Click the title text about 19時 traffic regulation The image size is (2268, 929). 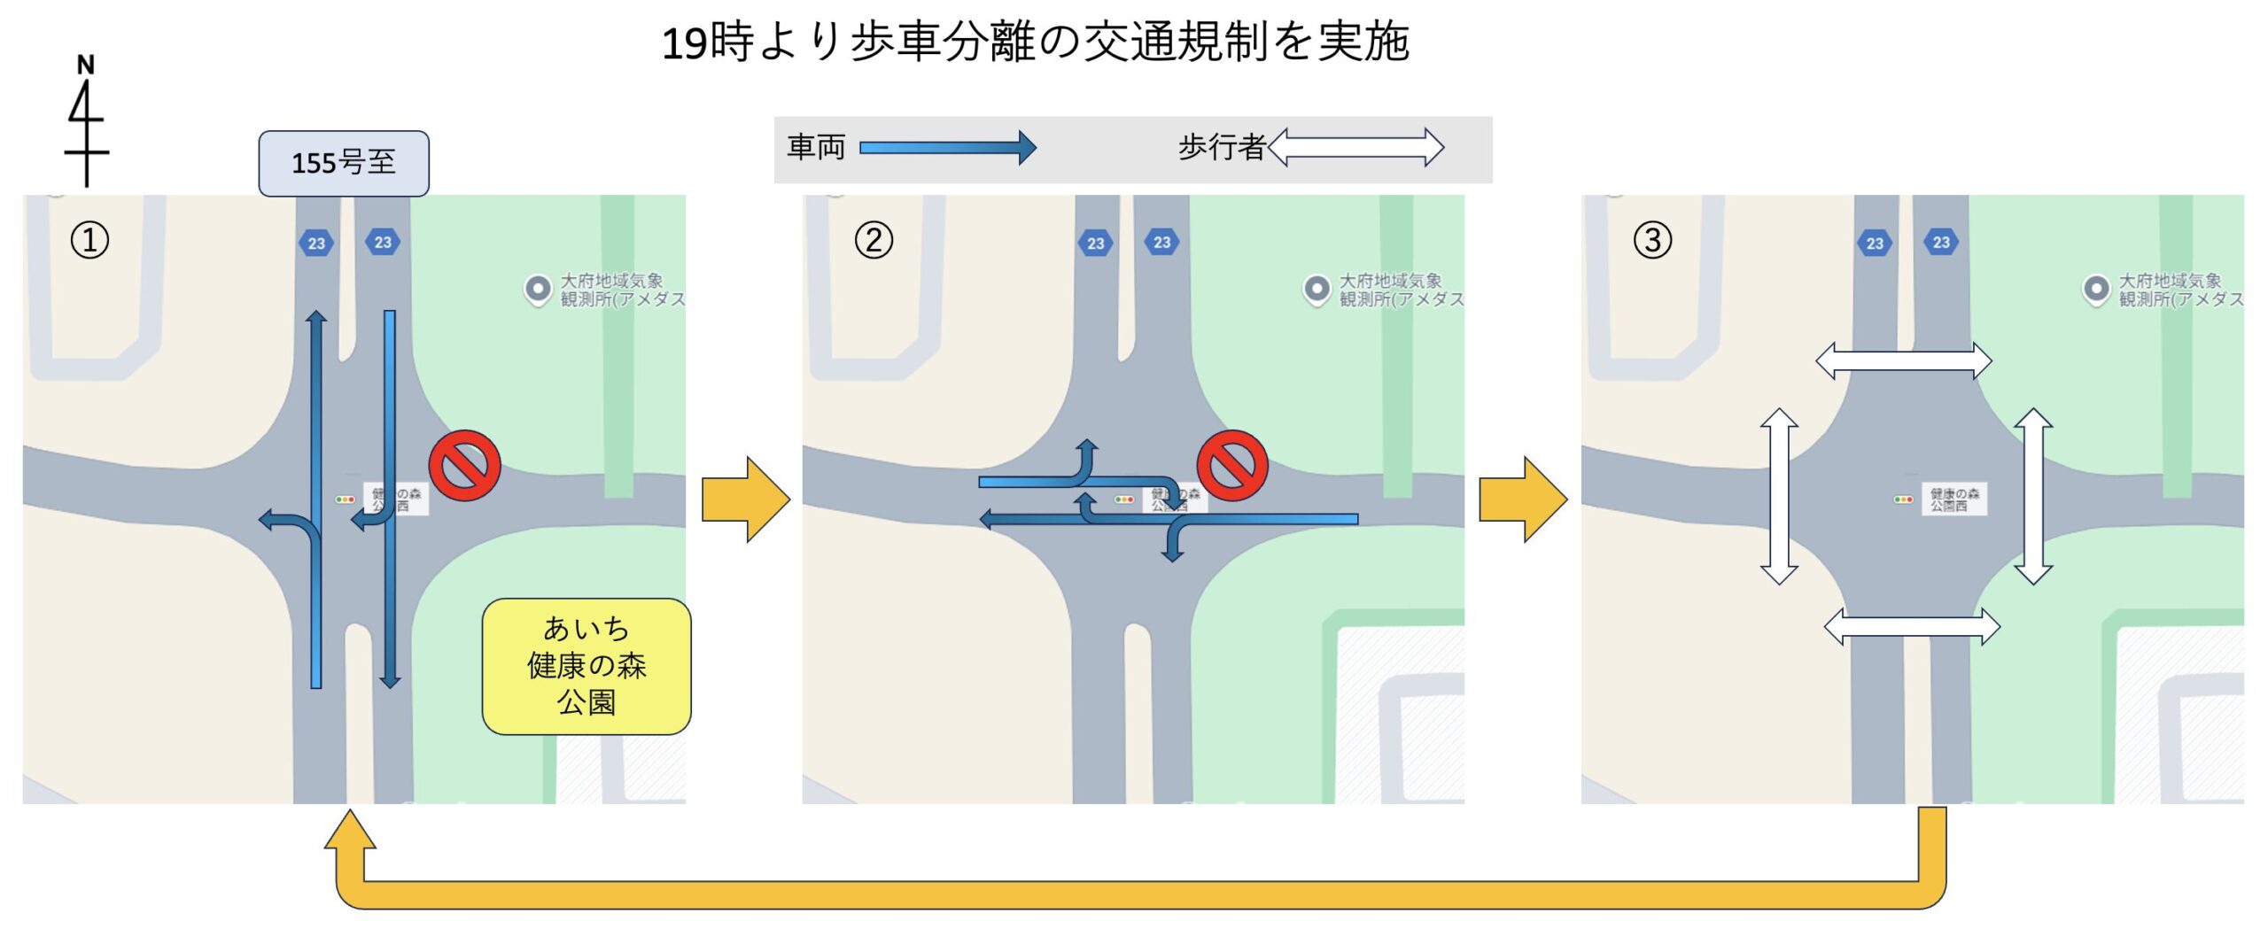[x=1035, y=42]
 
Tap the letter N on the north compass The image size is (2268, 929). [x=85, y=65]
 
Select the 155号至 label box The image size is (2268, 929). [x=344, y=163]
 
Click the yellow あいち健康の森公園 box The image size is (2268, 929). [x=586, y=666]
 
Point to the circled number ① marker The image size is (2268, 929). [x=89, y=240]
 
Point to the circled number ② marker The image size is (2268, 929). [x=874, y=240]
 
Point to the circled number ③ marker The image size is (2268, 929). [x=1652, y=240]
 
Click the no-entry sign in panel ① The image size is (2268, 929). [x=464, y=466]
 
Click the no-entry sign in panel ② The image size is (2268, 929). [x=1231, y=466]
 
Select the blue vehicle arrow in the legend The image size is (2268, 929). [x=947, y=147]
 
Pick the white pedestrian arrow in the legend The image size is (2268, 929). [x=1355, y=147]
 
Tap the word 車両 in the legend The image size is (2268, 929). [x=816, y=147]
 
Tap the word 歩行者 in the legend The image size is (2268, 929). [x=1221, y=147]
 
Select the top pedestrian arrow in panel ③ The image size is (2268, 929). [x=1903, y=361]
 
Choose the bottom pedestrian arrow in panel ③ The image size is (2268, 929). [x=1912, y=627]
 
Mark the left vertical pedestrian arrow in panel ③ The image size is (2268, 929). [x=1778, y=496]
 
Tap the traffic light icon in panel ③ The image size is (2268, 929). [x=1902, y=499]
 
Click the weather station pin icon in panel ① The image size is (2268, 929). [x=538, y=289]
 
